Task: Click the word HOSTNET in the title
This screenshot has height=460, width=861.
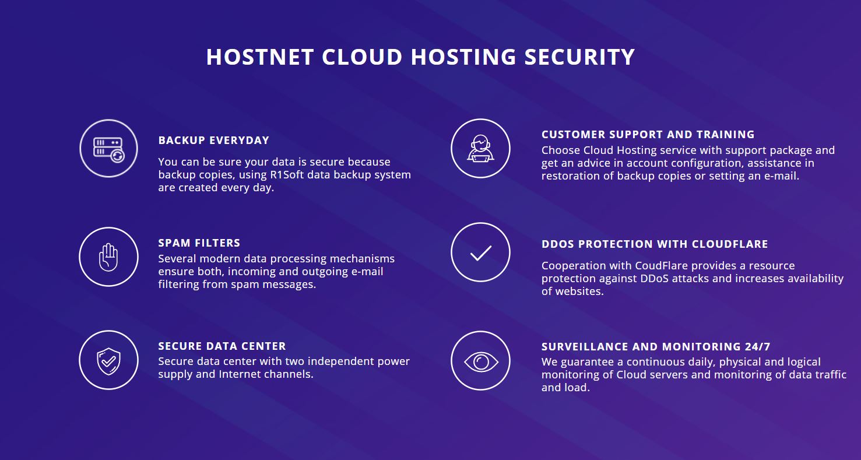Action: pos(260,57)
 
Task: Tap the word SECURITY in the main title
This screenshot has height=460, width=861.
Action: pos(579,57)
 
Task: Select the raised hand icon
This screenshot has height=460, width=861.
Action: pos(108,257)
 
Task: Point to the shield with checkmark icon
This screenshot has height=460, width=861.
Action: pos(108,361)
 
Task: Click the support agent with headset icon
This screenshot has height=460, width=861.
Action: pos(480,148)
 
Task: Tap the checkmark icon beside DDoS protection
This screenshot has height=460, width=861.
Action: pos(481,253)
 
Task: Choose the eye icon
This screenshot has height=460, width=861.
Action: pos(481,361)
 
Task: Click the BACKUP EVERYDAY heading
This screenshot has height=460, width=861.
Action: pos(214,141)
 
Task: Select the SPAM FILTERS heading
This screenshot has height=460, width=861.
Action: pos(199,243)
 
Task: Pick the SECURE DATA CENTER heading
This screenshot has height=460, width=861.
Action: pos(222,346)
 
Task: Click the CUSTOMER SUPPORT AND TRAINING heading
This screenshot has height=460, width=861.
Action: pos(648,135)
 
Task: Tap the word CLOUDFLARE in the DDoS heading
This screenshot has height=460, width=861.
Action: pos(729,244)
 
